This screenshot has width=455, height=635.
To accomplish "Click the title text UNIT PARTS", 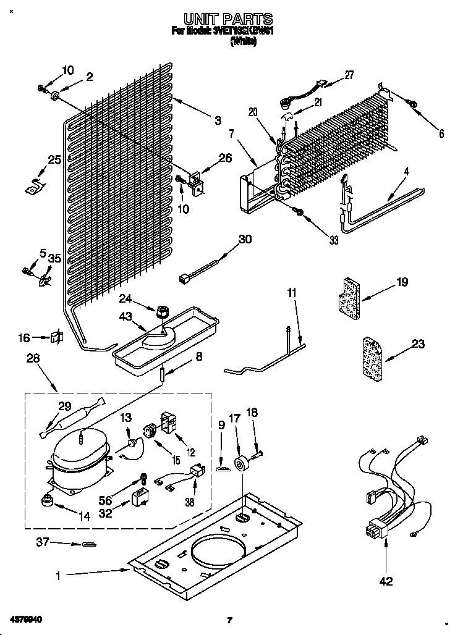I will pos(228,20).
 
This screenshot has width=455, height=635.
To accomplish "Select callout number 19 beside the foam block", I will pos(402,283).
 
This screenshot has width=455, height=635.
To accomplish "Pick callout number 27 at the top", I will pos(349,75).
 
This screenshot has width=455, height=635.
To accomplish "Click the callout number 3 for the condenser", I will pos(218,121).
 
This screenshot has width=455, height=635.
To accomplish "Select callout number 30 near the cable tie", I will pos(245,240).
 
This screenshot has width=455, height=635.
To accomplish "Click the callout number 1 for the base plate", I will pos(58,576).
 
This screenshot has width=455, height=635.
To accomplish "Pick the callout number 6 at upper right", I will pos(441,132).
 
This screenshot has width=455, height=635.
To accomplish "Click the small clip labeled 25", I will pos(33,186).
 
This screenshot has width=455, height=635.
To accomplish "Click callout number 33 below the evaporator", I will pos(333,240).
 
